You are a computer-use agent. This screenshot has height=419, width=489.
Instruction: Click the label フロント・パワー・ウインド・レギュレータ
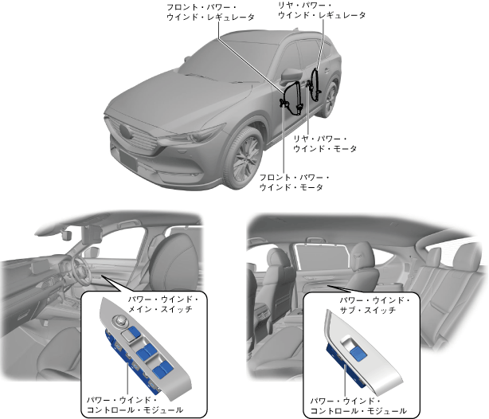[210, 12]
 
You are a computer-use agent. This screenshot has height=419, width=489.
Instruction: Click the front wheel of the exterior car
[247, 156]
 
